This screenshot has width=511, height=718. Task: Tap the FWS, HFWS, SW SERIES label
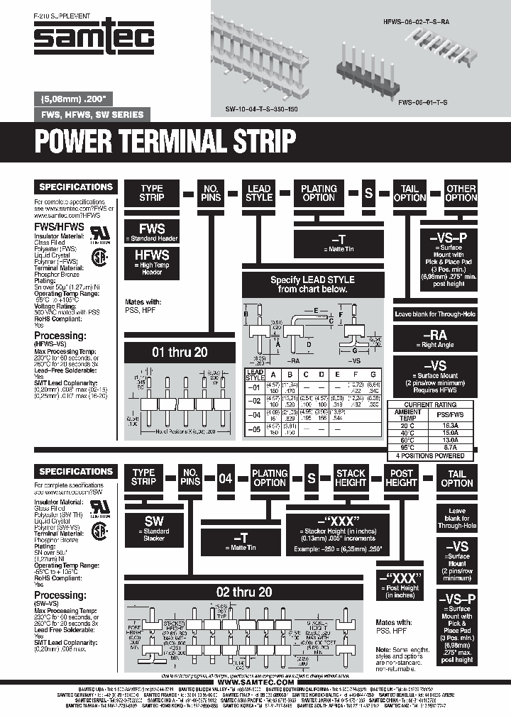[x=92, y=114]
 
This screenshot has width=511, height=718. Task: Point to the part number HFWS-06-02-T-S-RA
[x=416, y=23]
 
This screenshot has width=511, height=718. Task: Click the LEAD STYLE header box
[x=259, y=193]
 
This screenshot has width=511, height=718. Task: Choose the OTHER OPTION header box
[x=461, y=193]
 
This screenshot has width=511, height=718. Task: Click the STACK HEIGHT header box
[x=351, y=477]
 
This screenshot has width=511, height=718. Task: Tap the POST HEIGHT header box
[x=401, y=477]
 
